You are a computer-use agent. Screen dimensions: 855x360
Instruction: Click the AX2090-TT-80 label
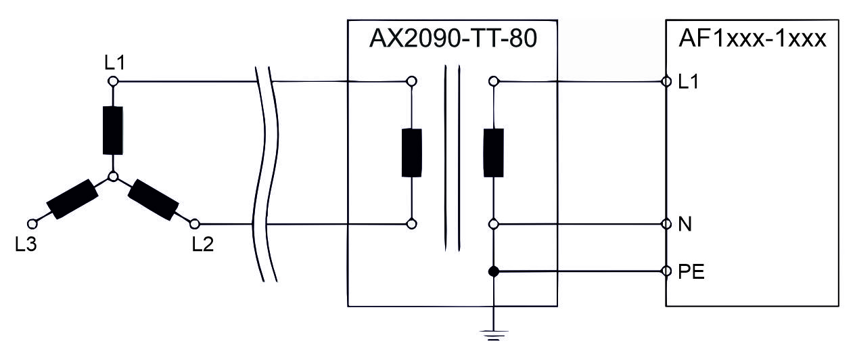coord(453,39)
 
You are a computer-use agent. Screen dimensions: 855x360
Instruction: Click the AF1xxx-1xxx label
coord(752,39)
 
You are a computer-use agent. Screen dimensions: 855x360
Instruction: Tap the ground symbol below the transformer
coord(494,335)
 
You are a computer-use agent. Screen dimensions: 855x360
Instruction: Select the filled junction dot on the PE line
coord(494,271)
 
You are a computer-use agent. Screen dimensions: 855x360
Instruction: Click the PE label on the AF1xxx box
coord(691,272)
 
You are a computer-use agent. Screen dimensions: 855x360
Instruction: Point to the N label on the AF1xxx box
coord(685,224)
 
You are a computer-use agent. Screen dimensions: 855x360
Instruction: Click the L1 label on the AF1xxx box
coord(688,82)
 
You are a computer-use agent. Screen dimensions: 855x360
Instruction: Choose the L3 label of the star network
coord(26,244)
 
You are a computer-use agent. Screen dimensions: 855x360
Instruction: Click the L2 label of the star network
coord(203,244)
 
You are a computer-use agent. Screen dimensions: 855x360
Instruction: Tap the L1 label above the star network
coord(115,63)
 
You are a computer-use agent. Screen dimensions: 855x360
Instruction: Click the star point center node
coord(112,177)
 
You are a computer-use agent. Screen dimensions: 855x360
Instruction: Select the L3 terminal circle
coord(32,224)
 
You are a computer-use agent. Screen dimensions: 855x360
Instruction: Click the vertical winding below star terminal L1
coord(113,131)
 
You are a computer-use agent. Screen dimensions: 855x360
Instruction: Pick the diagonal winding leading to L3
coord(72,199)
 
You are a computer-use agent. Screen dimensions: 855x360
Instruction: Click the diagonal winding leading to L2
coord(153,200)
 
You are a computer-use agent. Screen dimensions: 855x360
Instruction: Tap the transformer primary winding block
coord(412,153)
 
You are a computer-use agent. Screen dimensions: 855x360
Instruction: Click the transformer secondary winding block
coord(494,153)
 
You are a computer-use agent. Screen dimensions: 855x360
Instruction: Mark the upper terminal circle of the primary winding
coord(411,81)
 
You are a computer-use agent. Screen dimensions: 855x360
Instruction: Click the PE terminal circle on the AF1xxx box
coord(666,271)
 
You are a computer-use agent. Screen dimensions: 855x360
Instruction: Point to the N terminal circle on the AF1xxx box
coord(666,224)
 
